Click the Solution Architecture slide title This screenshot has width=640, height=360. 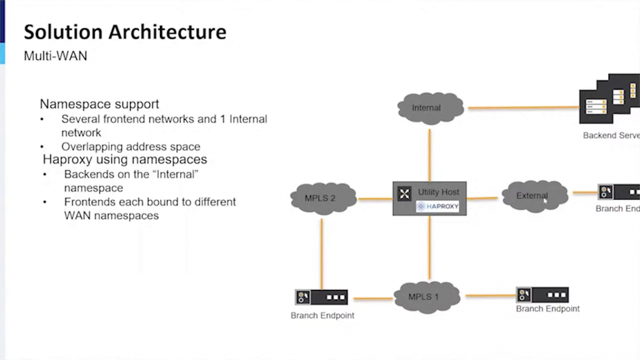point(125,32)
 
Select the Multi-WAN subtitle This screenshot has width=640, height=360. point(55,55)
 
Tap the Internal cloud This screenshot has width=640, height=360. point(430,108)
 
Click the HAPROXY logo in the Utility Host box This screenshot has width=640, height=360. point(437,206)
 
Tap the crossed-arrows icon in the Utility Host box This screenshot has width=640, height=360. point(404,193)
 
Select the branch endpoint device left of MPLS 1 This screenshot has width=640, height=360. point(321,297)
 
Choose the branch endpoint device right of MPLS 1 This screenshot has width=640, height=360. point(542,295)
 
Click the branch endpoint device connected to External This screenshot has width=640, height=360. point(619,192)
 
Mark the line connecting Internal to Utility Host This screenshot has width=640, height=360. point(429,155)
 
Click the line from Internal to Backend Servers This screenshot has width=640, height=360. point(522,107)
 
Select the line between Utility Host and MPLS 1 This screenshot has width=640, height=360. point(429,247)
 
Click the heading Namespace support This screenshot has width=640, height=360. point(99,104)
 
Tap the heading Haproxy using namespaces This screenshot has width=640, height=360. point(125,159)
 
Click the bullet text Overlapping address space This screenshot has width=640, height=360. point(130,146)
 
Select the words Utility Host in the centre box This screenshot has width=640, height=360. point(438,192)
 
